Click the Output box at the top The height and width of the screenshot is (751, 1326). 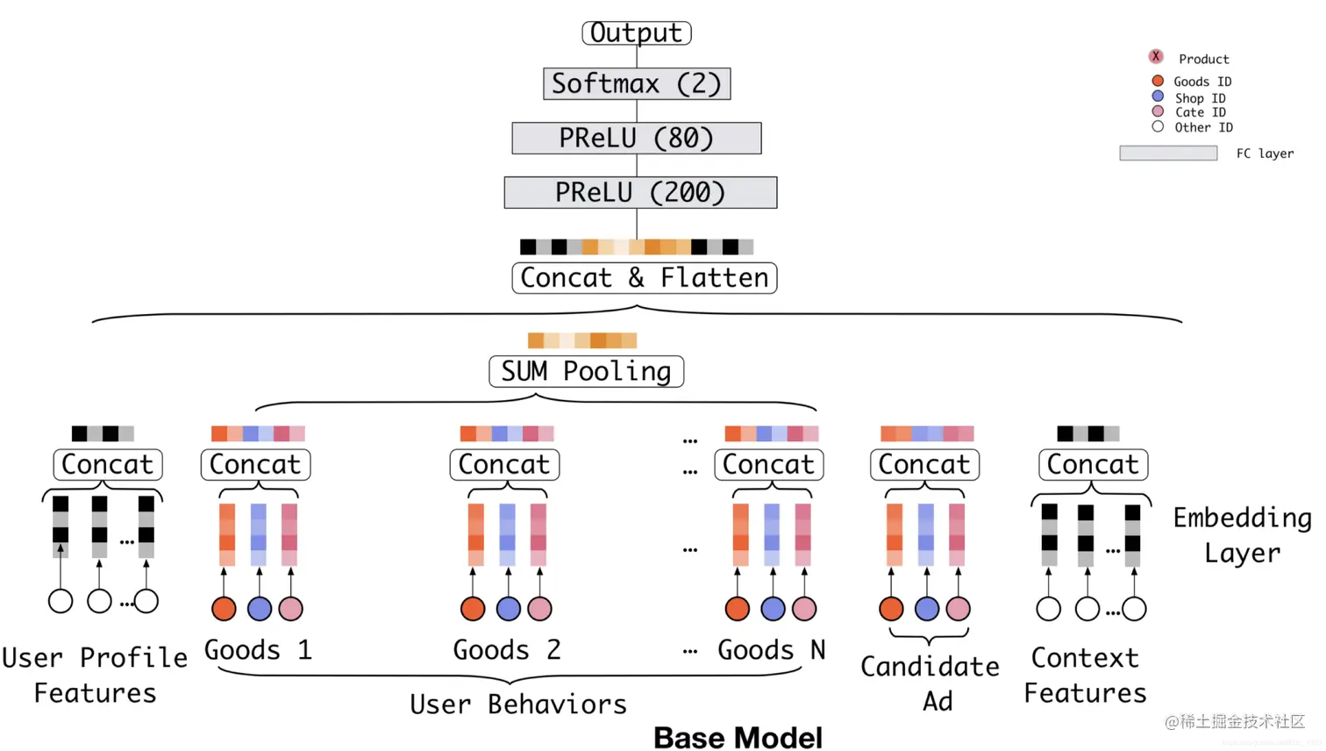[x=637, y=33]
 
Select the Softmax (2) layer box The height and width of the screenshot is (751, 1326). [x=637, y=83]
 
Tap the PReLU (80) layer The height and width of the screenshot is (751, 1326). [x=637, y=138]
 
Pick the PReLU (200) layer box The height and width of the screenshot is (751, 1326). [x=640, y=192]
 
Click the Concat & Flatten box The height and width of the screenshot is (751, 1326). [x=644, y=278]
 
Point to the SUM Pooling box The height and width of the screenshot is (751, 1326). [x=586, y=371]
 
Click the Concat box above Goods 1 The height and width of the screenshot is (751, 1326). [x=256, y=464]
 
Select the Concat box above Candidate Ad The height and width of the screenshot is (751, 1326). [x=924, y=464]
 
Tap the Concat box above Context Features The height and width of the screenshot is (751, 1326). [x=1094, y=464]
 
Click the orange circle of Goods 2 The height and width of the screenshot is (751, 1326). [x=473, y=608]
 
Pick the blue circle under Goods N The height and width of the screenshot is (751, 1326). [x=773, y=608]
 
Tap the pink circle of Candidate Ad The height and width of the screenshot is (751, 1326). [x=958, y=608]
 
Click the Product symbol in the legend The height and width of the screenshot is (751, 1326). [x=1156, y=56]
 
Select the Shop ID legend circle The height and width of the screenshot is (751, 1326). [x=1158, y=96]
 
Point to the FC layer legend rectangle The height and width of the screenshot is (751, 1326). [x=1168, y=153]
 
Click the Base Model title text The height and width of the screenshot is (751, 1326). [x=738, y=738]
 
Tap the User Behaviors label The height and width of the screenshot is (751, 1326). [x=518, y=705]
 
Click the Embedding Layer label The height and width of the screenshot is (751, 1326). [x=1243, y=535]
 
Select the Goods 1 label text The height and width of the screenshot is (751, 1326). [x=258, y=650]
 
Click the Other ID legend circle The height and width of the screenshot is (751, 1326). [x=1158, y=126]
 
